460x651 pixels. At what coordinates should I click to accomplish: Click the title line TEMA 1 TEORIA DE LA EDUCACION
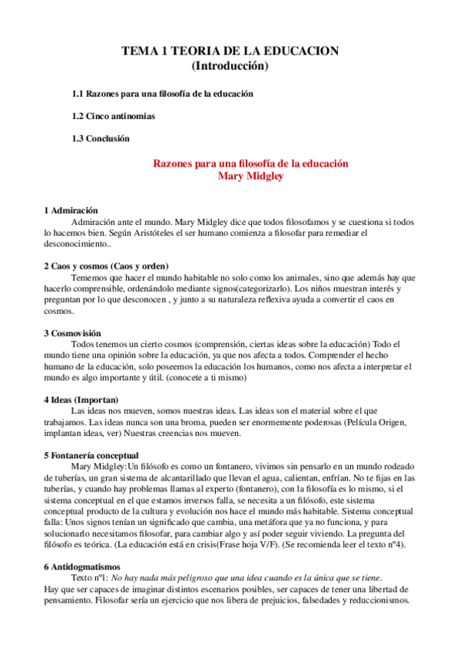(x=230, y=51)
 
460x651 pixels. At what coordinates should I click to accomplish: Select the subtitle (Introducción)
(x=230, y=66)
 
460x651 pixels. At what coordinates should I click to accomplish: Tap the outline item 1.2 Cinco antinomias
(x=113, y=116)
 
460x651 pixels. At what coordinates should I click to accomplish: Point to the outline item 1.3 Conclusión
(x=101, y=138)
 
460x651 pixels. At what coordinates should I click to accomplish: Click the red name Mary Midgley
(x=251, y=177)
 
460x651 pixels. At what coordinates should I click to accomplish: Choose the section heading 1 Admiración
(x=71, y=210)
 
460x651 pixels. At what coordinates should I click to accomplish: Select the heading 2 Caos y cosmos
(x=108, y=265)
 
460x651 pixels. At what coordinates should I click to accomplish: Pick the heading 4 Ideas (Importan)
(x=81, y=399)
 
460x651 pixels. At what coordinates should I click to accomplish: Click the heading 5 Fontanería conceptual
(x=96, y=455)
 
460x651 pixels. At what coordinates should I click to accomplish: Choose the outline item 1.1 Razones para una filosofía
(x=163, y=94)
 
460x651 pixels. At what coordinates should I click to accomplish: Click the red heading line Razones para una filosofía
(x=251, y=164)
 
